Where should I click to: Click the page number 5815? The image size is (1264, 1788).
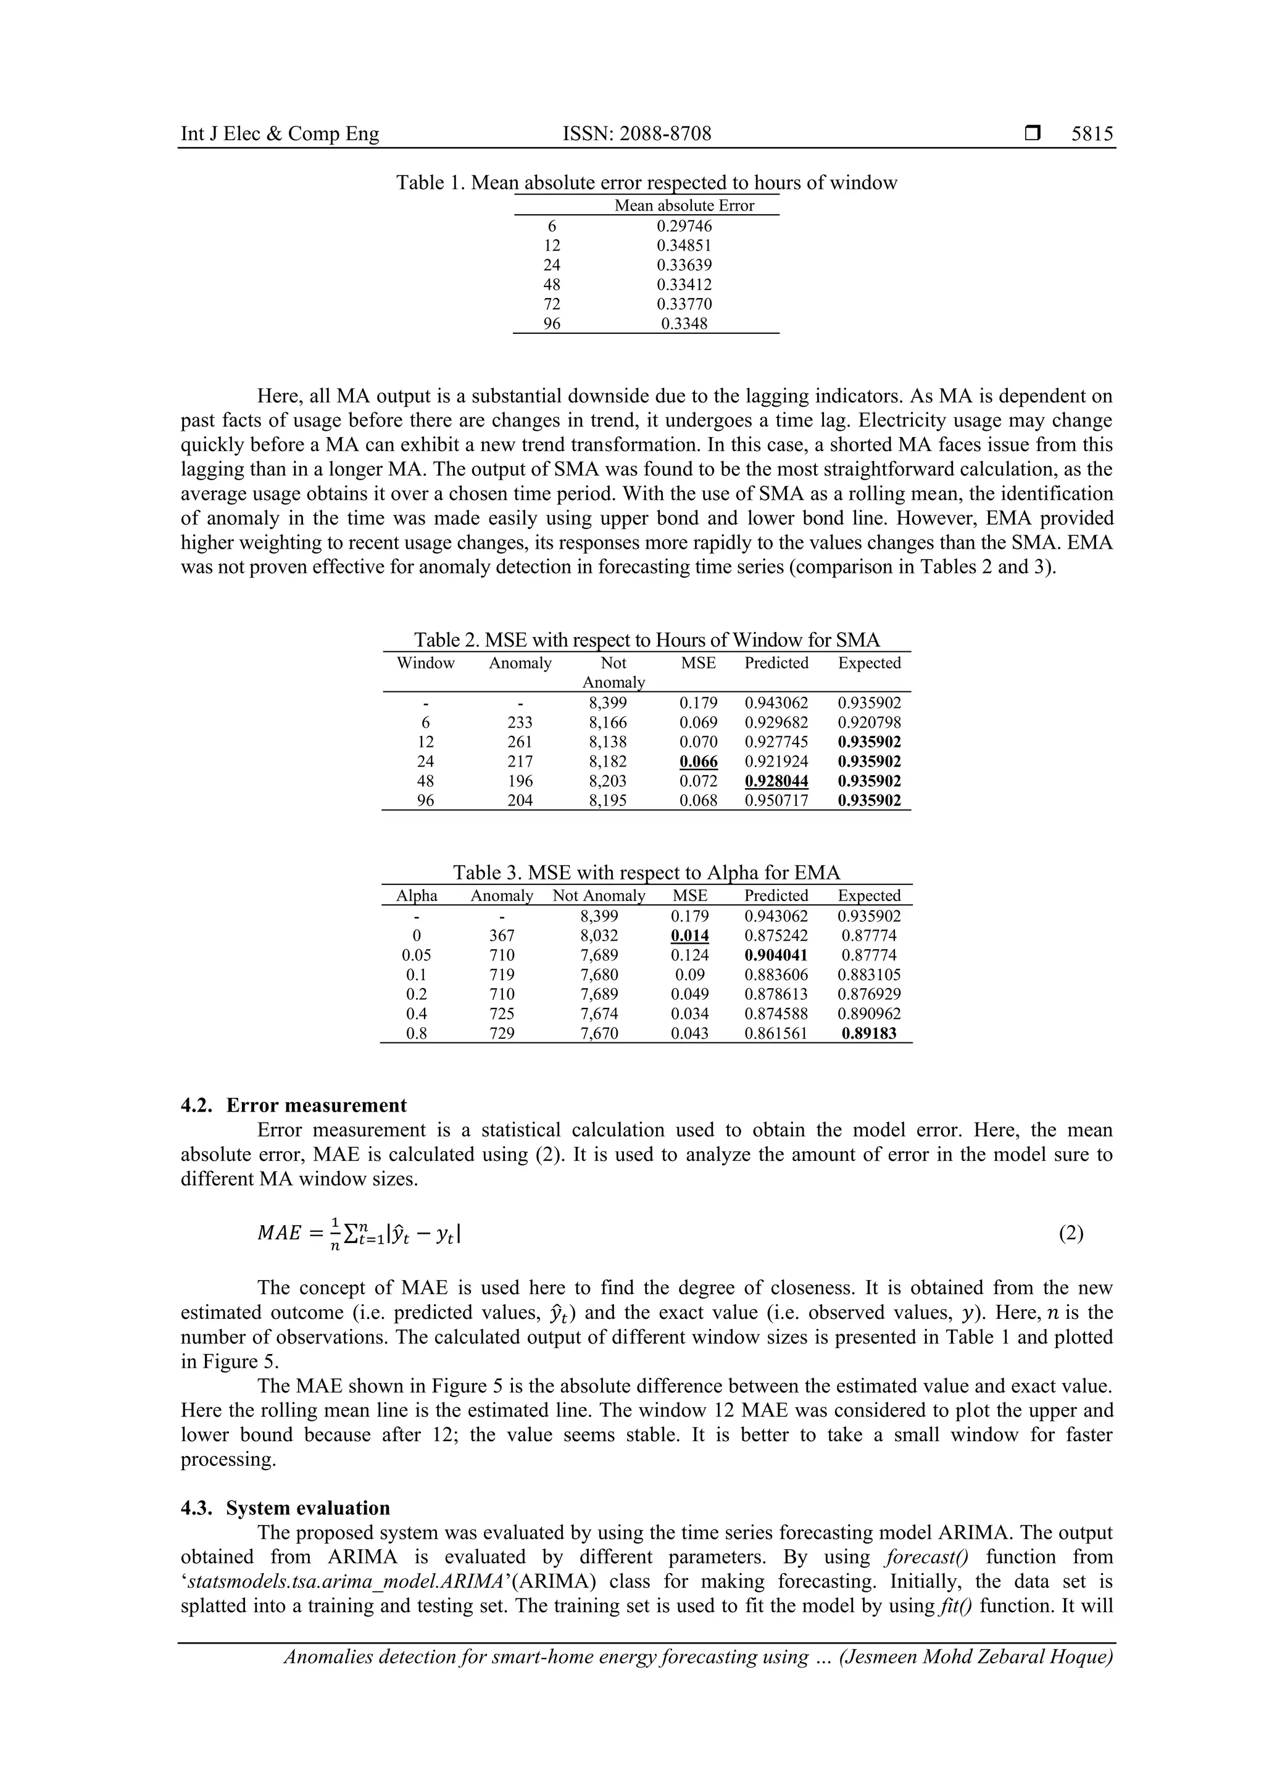click(x=1092, y=134)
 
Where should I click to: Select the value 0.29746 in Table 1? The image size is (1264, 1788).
click(x=684, y=226)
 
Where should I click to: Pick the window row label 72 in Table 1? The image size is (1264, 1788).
click(x=551, y=304)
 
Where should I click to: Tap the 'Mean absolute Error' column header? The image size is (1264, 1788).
click(x=684, y=206)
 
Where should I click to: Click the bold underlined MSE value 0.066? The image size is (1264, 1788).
click(x=699, y=762)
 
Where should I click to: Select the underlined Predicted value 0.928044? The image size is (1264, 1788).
click(x=776, y=781)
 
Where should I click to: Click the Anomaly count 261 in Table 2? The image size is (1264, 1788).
click(x=520, y=742)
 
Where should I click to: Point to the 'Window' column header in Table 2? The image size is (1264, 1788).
click(x=425, y=663)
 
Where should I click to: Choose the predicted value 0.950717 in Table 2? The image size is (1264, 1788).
click(x=776, y=800)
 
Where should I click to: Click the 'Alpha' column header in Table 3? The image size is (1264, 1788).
click(x=417, y=896)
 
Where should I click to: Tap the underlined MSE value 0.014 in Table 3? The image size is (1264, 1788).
click(x=689, y=935)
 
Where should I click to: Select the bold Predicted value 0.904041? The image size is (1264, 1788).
click(x=776, y=955)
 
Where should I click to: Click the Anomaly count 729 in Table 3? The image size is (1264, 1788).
click(x=502, y=1033)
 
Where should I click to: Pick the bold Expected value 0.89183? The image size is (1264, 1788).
click(x=869, y=1033)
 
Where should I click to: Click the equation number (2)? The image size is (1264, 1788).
click(x=1071, y=1234)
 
